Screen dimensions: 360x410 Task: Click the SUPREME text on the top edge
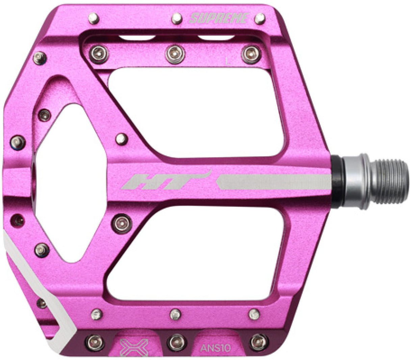coord(219,19)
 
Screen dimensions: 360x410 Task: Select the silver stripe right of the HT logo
coord(274,182)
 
